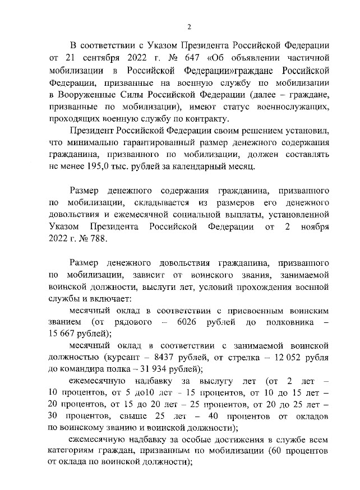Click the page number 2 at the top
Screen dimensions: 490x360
pyautogui.click(x=189, y=26)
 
